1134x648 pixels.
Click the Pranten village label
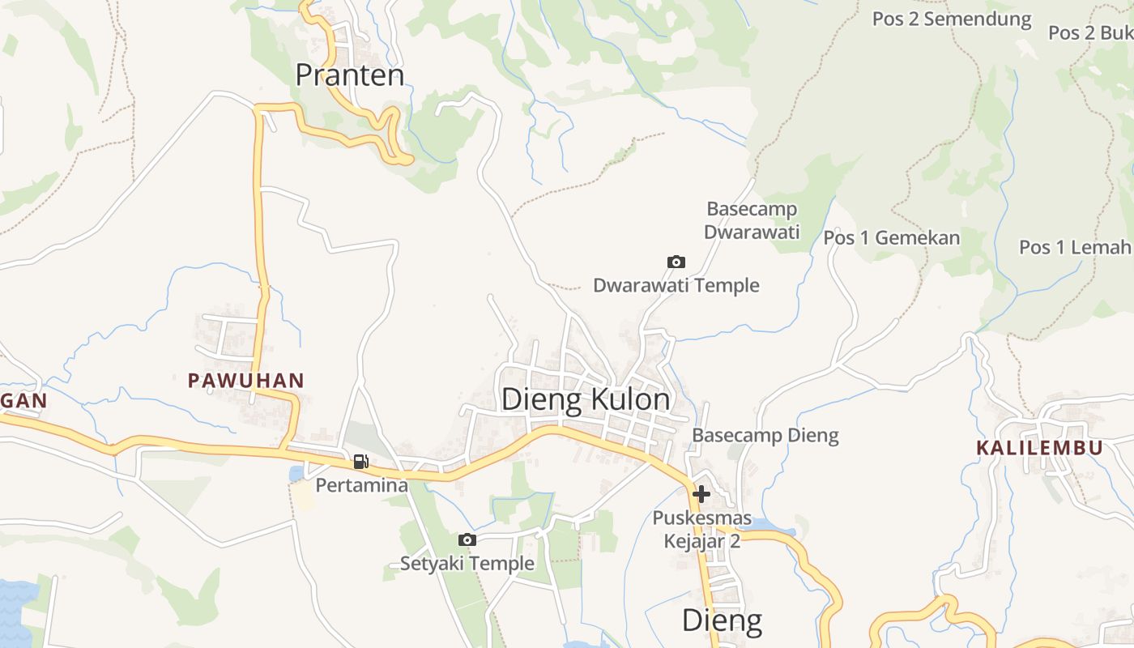coord(349,75)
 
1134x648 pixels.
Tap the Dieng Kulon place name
coord(586,400)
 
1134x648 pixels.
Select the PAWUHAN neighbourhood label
coord(245,380)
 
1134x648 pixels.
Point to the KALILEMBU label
coord(1038,448)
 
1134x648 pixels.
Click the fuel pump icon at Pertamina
coord(360,463)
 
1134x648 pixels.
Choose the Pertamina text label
coord(361,486)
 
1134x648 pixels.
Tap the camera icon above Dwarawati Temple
coord(676,262)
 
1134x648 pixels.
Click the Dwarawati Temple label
coord(676,285)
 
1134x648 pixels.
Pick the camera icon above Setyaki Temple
coord(467,539)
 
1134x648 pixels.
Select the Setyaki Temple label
coord(467,563)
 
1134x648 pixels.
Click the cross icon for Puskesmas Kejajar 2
coord(701,493)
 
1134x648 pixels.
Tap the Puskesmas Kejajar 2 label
coord(701,529)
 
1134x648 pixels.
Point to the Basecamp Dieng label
coord(765,436)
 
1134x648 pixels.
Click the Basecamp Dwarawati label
coord(752,220)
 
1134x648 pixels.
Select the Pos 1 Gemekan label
coord(891,238)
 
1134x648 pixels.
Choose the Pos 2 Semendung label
coord(951,19)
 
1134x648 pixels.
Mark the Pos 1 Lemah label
coord(1074,247)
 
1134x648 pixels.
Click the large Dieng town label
coord(722,620)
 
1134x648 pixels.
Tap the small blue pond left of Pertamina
coord(296,473)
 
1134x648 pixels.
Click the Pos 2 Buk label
coord(1089,32)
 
